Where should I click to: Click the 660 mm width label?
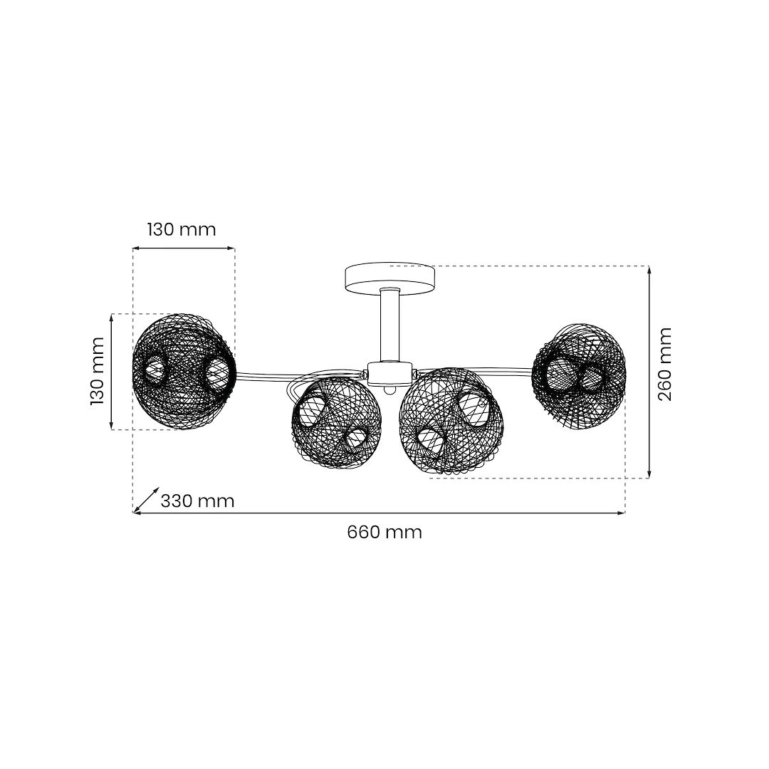(x=384, y=532)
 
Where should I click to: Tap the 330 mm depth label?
(x=198, y=501)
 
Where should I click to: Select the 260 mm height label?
(x=664, y=364)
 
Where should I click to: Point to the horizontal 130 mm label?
(x=182, y=229)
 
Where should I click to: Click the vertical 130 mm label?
(x=98, y=371)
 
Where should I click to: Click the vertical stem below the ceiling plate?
(x=390, y=325)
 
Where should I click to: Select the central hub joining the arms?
(x=390, y=374)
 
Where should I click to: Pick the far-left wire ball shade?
(x=184, y=371)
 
